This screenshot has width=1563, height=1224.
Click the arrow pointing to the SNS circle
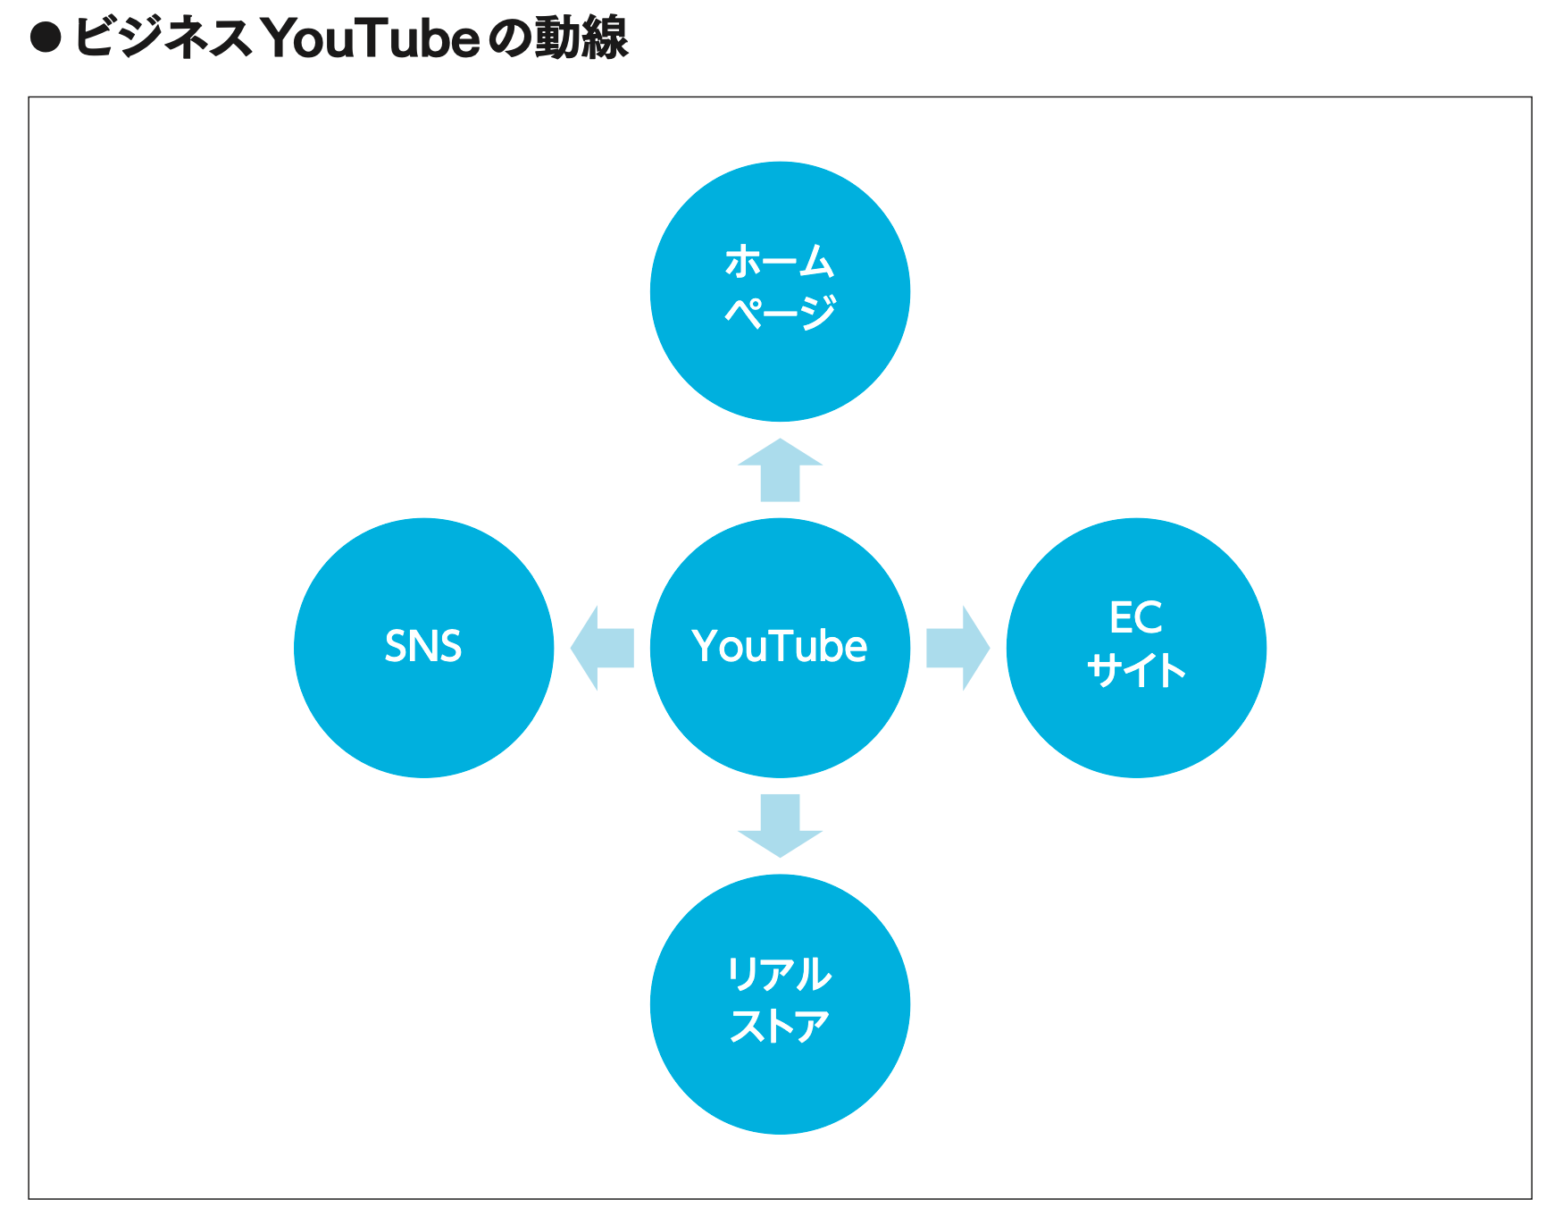pyautogui.click(x=602, y=648)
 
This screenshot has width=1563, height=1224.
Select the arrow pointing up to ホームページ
pyautogui.click(x=780, y=470)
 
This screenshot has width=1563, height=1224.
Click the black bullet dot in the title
pyautogui.click(x=46, y=38)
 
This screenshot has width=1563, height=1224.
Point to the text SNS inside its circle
pyautogui.click(x=423, y=646)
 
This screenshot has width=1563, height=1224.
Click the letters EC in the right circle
pyautogui.click(x=1135, y=617)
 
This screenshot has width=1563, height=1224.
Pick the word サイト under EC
pyautogui.click(x=1136, y=670)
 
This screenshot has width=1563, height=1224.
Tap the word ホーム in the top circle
pyautogui.click(x=780, y=262)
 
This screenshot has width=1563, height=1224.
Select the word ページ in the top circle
pyautogui.click(x=780, y=313)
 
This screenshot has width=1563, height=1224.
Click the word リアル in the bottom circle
pyautogui.click(x=780, y=974)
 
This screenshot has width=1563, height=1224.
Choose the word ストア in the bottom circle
pyautogui.click(x=780, y=1026)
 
